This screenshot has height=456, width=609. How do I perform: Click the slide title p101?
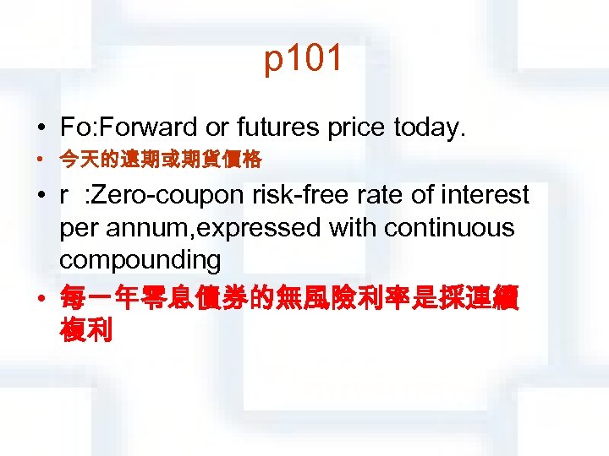[x=304, y=60]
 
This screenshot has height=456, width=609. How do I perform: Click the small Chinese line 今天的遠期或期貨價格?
[x=162, y=159]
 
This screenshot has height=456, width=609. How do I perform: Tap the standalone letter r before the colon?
[x=64, y=196]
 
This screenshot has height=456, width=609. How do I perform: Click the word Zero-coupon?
[x=170, y=195]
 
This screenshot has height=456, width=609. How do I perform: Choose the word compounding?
[x=140, y=261]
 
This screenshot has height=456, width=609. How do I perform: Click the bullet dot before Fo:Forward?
[x=41, y=128]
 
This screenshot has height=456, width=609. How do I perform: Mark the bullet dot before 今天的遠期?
[x=41, y=159]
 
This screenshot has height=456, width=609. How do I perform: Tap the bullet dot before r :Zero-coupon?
[x=41, y=196]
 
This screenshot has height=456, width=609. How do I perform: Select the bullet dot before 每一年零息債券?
[x=41, y=297]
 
